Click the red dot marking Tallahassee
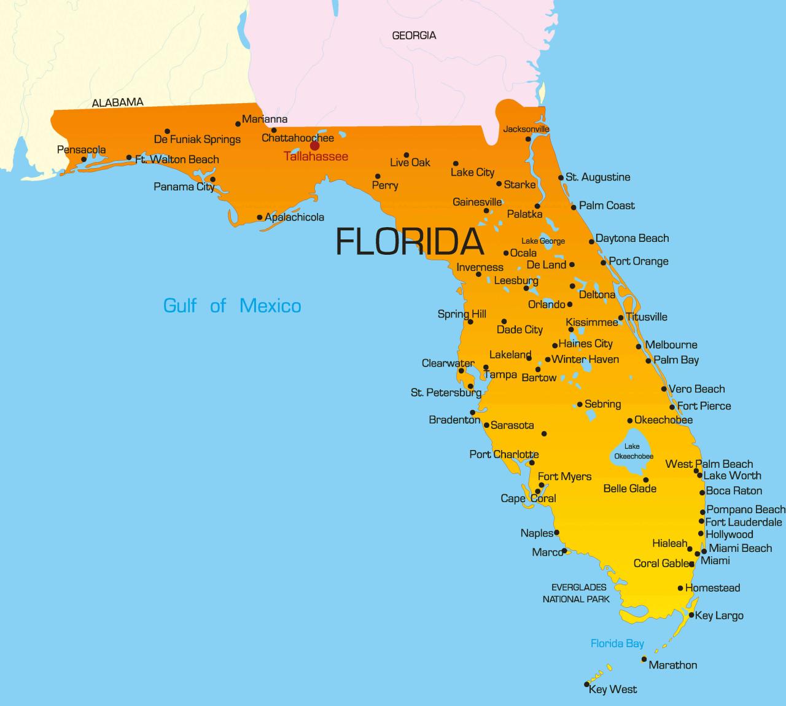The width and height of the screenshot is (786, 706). tap(314, 145)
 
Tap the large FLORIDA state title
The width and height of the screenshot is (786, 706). tap(410, 241)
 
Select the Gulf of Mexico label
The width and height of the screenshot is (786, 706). tap(232, 305)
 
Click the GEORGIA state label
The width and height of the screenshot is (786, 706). tap(414, 36)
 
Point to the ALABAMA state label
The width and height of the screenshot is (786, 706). tap(117, 103)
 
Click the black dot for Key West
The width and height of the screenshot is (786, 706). tap(587, 685)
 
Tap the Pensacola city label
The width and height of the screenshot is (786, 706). tap(81, 150)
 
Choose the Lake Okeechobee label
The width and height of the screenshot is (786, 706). tap(632, 451)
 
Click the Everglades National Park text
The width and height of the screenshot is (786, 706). tap(576, 593)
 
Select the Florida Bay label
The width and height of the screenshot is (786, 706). tap(617, 643)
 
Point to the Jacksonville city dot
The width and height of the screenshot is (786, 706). tap(528, 139)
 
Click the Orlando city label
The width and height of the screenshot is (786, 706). tap(546, 305)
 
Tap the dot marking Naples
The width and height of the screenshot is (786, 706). tap(557, 533)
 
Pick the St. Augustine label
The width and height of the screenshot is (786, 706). tap(597, 177)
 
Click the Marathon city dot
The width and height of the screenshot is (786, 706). tap(644, 659)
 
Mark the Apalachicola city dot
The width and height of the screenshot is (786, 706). tap(260, 217)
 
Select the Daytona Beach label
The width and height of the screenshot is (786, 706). tap(632, 238)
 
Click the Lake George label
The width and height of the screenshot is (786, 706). tap(543, 241)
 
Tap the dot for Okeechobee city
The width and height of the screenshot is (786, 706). tap(630, 421)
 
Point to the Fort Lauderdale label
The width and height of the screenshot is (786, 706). tap(744, 522)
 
